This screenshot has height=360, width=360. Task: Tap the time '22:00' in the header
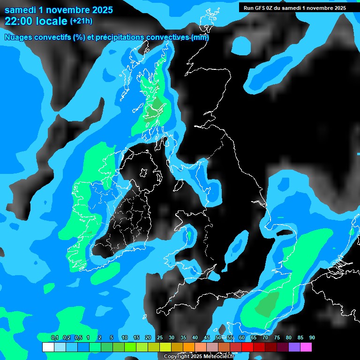tap(20, 21)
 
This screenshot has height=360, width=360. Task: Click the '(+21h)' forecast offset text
tap(81, 21)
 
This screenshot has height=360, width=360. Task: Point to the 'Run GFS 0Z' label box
tap(294, 7)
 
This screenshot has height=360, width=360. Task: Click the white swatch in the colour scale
tap(48, 347)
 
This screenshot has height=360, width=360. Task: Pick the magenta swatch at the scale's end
tap(306, 347)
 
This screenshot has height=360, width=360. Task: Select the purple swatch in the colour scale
tap(294, 347)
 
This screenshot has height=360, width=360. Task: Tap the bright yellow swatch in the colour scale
tap(165, 347)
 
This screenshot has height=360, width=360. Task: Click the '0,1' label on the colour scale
tap(55, 338)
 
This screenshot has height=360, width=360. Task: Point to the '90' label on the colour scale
tap(312, 338)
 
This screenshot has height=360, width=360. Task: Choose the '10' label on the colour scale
tap(124, 338)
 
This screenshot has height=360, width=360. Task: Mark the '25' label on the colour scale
tap(159, 338)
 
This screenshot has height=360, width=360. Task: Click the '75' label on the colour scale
tap(277, 338)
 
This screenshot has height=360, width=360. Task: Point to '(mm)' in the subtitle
tap(200, 37)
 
